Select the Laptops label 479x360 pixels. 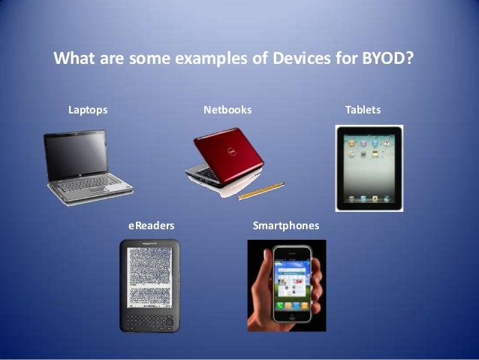coord(88,110)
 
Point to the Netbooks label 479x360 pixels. coord(227,110)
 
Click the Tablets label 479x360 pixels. coord(363,110)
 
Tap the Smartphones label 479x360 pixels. coord(286,225)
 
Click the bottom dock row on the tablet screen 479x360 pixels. coord(369,198)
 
